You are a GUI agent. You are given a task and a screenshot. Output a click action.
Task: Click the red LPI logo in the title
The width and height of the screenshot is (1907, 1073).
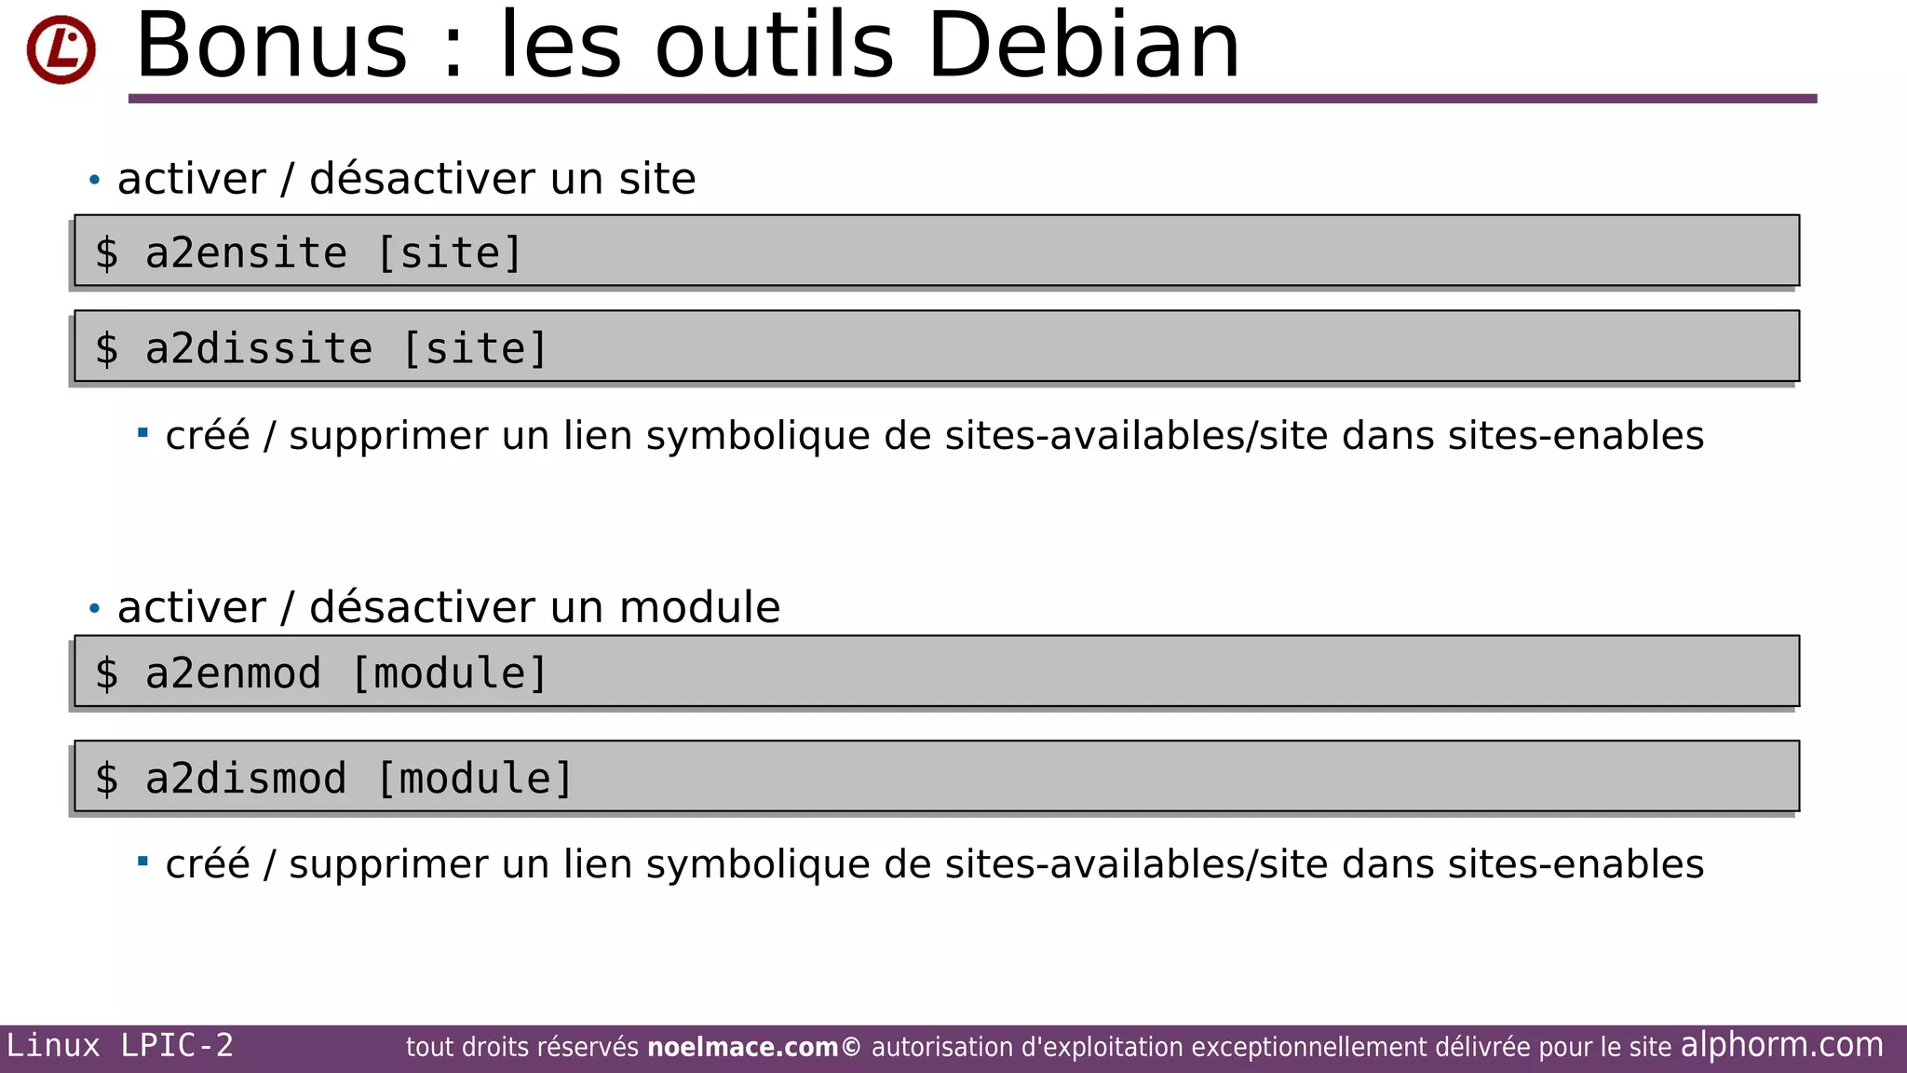[x=61, y=49]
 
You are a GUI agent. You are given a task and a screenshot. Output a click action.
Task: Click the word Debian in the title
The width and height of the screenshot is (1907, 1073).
[x=1083, y=46]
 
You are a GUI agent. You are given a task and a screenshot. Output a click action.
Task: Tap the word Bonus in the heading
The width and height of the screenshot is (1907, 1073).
[x=271, y=46]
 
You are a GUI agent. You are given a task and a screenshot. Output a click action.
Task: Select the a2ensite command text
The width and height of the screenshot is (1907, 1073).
[x=246, y=253]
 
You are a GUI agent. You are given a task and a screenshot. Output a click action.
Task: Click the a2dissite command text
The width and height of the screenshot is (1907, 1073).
[x=259, y=349]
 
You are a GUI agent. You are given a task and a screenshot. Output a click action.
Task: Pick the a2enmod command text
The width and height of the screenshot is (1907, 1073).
[x=233, y=673]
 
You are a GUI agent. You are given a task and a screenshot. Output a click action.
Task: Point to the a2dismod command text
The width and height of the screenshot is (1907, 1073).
[x=246, y=779]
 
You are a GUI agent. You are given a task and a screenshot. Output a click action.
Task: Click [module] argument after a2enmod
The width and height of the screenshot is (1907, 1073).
[x=450, y=673]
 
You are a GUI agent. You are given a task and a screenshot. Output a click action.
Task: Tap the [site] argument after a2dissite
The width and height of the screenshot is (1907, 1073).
[x=475, y=349]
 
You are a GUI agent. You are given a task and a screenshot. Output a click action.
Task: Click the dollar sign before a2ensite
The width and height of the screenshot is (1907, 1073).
[x=107, y=253]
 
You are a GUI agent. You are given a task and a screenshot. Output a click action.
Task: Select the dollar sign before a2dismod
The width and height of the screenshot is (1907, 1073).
[x=107, y=779]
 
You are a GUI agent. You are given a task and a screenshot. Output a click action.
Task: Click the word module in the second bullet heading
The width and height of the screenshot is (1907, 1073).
[x=699, y=607]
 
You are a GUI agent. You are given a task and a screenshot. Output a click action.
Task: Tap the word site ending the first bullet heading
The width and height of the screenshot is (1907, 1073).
[x=657, y=179]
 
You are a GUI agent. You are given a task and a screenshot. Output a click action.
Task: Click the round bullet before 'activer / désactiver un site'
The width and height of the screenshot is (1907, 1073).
[x=94, y=180]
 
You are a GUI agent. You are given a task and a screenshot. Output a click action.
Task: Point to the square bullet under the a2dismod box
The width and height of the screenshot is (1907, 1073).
[x=142, y=862]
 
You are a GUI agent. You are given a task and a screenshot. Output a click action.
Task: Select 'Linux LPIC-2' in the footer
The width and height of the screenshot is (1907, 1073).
[x=120, y=1045]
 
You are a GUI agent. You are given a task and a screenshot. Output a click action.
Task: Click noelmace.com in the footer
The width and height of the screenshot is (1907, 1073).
[x=742, y=1047]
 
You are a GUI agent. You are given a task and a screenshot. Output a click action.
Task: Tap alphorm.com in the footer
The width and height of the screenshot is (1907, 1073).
[x=1781, y=1045]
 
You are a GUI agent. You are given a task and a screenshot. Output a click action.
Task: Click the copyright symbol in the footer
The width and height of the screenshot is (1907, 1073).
[x=851, y=1047]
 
